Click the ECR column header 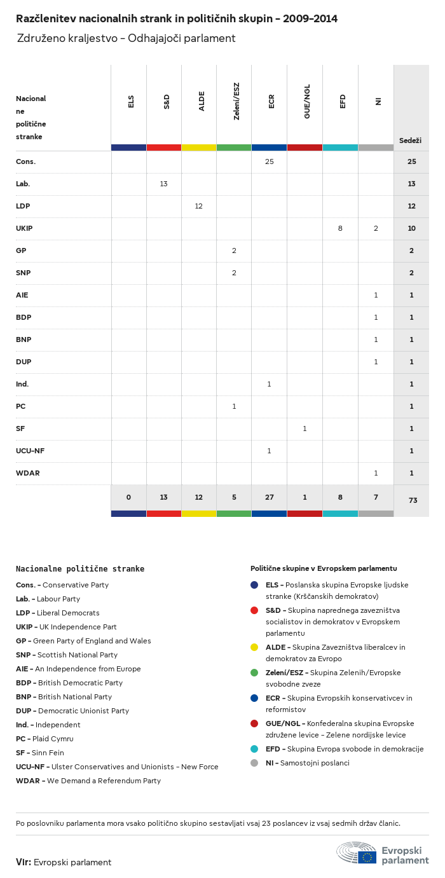click(x=271, y=102)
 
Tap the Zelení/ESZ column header click(x=236, y=102)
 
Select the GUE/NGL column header click(x=307, y=102)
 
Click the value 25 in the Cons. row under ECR click(x=270, y=161)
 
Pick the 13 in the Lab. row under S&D click(x=163, y=184)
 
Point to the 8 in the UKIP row click(x=340, y=228)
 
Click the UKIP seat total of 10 click(x=411, y=228)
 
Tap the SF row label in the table click(x=20, y=429)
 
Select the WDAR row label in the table click(x=28, y=473)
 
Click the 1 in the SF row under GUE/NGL click(x=305, y=429)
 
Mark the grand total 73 click(x=413, y=500)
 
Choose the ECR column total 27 click(x=270, y=497)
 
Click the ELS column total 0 click(x=128, y=497)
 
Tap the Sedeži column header click(x=411, y=141)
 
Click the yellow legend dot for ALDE click(x=254, y=647)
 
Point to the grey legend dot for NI click(x=254, y=763)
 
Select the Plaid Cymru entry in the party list click(x=44, y=739)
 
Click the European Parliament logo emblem click(x=356, y=853)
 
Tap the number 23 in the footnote click(x=266, y=823)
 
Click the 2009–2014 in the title click(x=310, y=19)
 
